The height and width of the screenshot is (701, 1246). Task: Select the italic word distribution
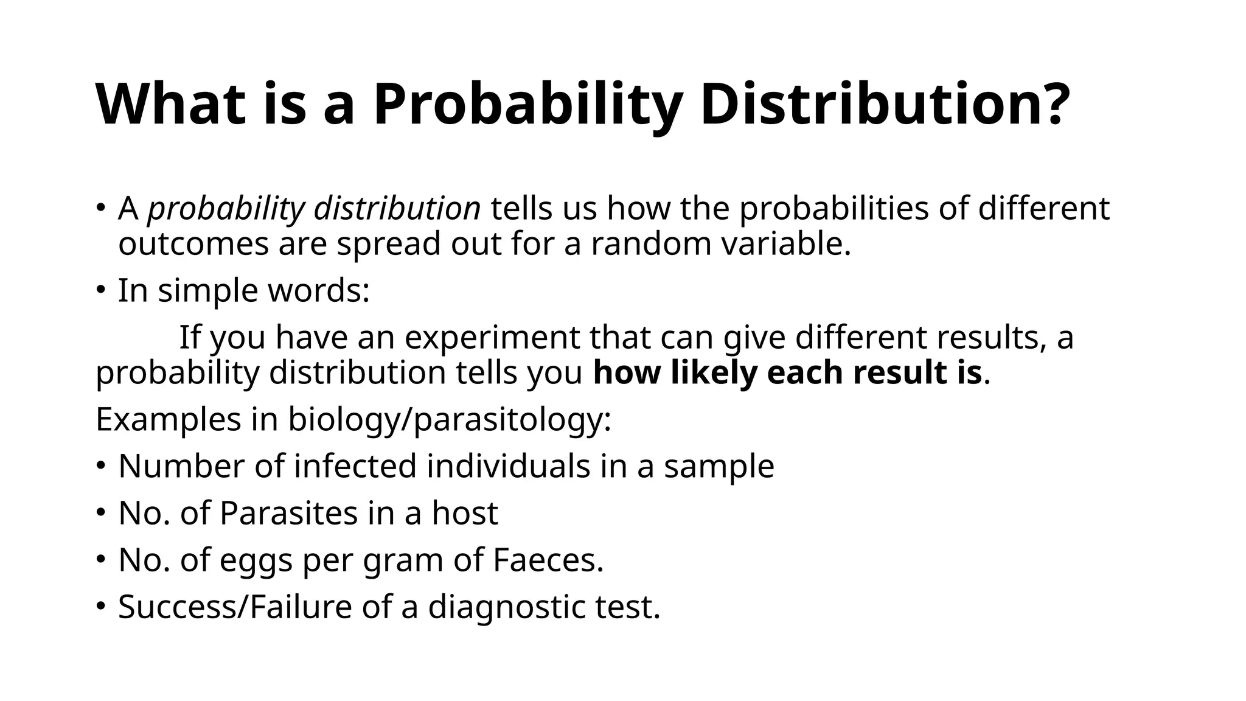coord(397,209)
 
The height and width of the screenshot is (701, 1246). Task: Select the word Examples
coord(169,419)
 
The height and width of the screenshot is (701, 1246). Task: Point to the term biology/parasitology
coord(449,420)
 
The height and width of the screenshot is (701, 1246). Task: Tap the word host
coord(465,513)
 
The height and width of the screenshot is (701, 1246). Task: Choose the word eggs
coord(256,561)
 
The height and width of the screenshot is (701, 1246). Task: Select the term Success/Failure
coord(235,607)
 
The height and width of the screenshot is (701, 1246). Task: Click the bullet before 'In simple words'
coord(101,290)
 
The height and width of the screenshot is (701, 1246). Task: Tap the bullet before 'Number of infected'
coord(101,466)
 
